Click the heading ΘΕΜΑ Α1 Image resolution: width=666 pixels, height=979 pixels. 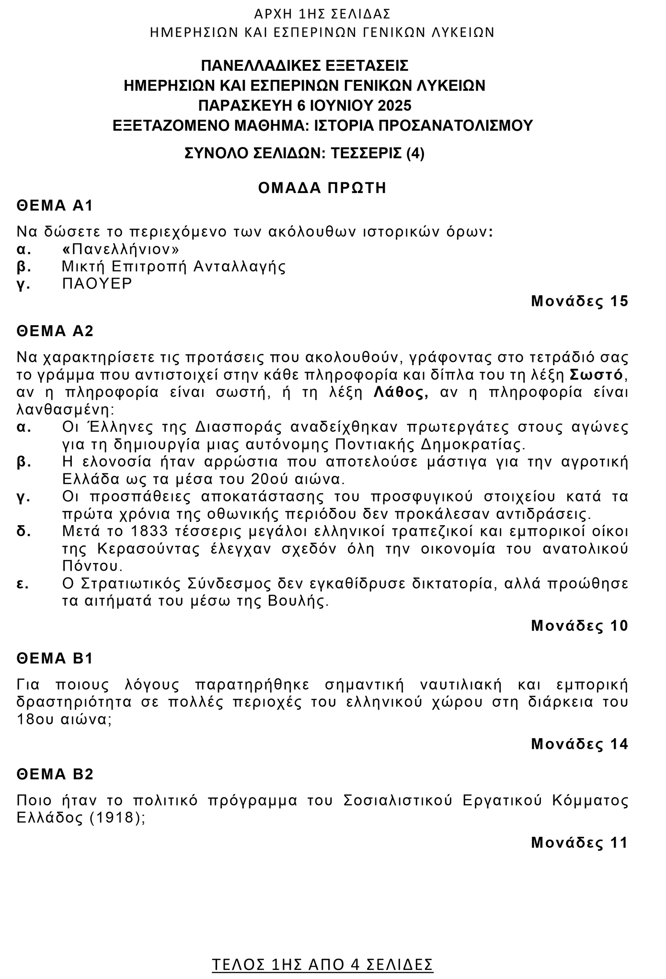click(55, 206)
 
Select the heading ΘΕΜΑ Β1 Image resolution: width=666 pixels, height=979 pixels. click(55, 658)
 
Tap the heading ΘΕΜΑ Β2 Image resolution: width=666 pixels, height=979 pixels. click(55, 774)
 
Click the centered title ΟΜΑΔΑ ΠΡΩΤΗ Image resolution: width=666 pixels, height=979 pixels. click(322, 188)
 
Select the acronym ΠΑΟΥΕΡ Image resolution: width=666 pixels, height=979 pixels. click(97, 283)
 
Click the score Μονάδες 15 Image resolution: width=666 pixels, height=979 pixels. click(579, 301)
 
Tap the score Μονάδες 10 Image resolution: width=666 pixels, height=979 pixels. click(579, 626)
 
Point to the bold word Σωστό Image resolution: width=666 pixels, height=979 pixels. click(596, 374)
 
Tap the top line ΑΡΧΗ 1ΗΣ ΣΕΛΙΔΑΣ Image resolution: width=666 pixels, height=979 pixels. click(322, 13)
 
